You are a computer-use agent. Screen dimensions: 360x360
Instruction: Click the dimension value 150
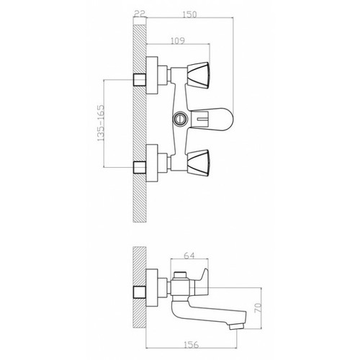189,14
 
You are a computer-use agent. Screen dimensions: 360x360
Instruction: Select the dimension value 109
178,41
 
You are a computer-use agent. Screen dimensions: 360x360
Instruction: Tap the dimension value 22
140,14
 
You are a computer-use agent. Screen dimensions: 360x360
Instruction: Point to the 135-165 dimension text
101,122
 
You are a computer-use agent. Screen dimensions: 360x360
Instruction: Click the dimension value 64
189,256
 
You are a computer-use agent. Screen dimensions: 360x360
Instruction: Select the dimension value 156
192,345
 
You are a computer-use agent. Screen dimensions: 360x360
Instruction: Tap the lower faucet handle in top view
199,162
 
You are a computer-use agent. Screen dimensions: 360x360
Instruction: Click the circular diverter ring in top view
179,119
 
